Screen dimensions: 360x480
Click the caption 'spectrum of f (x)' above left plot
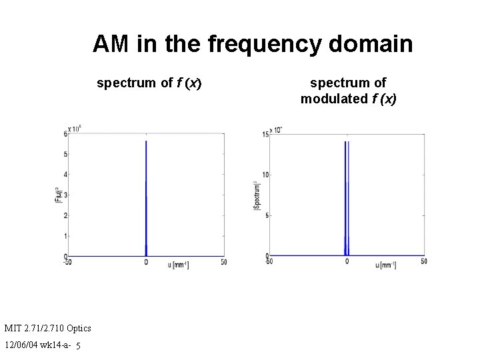pyautogui.click(x=149, y=83)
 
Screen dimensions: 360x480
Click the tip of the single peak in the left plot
pyautogui.click(x=146, y=141)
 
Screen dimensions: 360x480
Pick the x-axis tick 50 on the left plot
pyautogui.click(x=224, y=263)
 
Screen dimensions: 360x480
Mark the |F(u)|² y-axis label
pyautogui.click(x=58, y=195)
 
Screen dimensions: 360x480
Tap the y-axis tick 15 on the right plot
pyautogui.click(x=265, y=134)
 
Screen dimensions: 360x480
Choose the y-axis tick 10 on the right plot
pyautogui.click(x=265, y=175)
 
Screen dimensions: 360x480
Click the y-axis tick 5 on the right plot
pyautogui.click(x=266, y=215)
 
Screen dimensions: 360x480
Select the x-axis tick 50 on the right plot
pyautogui.click(x=424, y=262)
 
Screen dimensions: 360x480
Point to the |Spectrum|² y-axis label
pyautogui.click(x=256, y=195)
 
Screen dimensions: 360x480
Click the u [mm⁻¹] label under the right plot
pyautogui.click(x=385, y=265)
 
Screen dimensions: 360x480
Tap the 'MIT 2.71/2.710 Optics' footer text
pyautogui.click(x=47, y=328)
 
